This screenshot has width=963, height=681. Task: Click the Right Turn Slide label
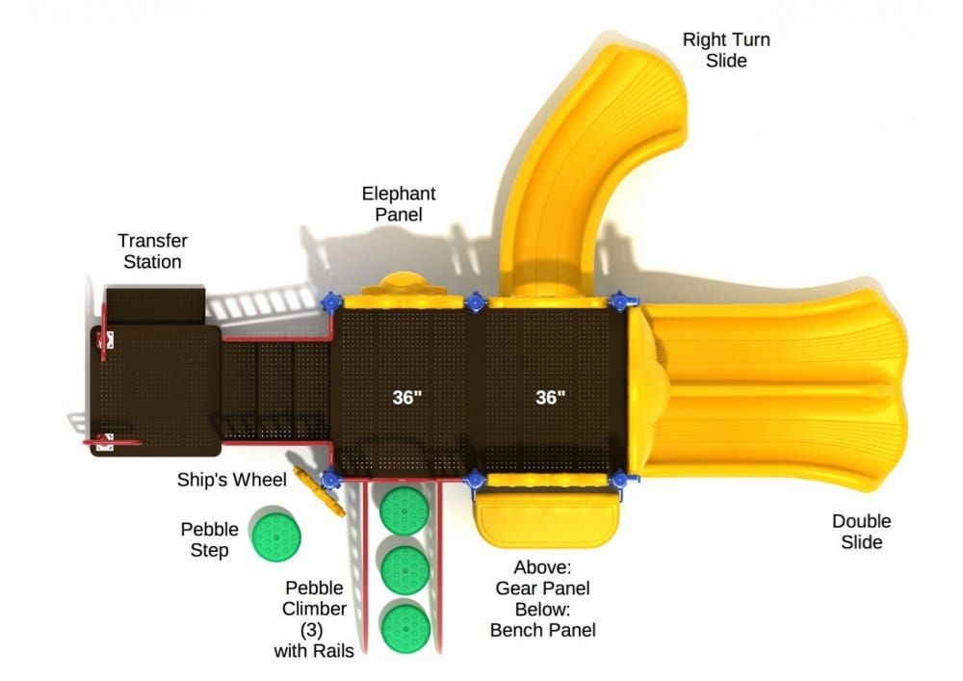[726, 50]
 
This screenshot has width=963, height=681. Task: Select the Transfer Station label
[152, 250]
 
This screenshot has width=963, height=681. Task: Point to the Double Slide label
[861, 532]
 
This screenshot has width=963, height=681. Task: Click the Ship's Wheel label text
[231, 480]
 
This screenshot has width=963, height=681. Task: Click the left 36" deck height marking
[407, 397]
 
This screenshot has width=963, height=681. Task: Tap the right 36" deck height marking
[550, 397]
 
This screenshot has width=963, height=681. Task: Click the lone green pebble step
[275, 536]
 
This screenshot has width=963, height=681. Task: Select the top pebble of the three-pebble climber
[403, 510]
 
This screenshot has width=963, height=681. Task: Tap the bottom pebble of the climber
[404, 627]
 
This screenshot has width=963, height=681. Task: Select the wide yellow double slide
[780, 385]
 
